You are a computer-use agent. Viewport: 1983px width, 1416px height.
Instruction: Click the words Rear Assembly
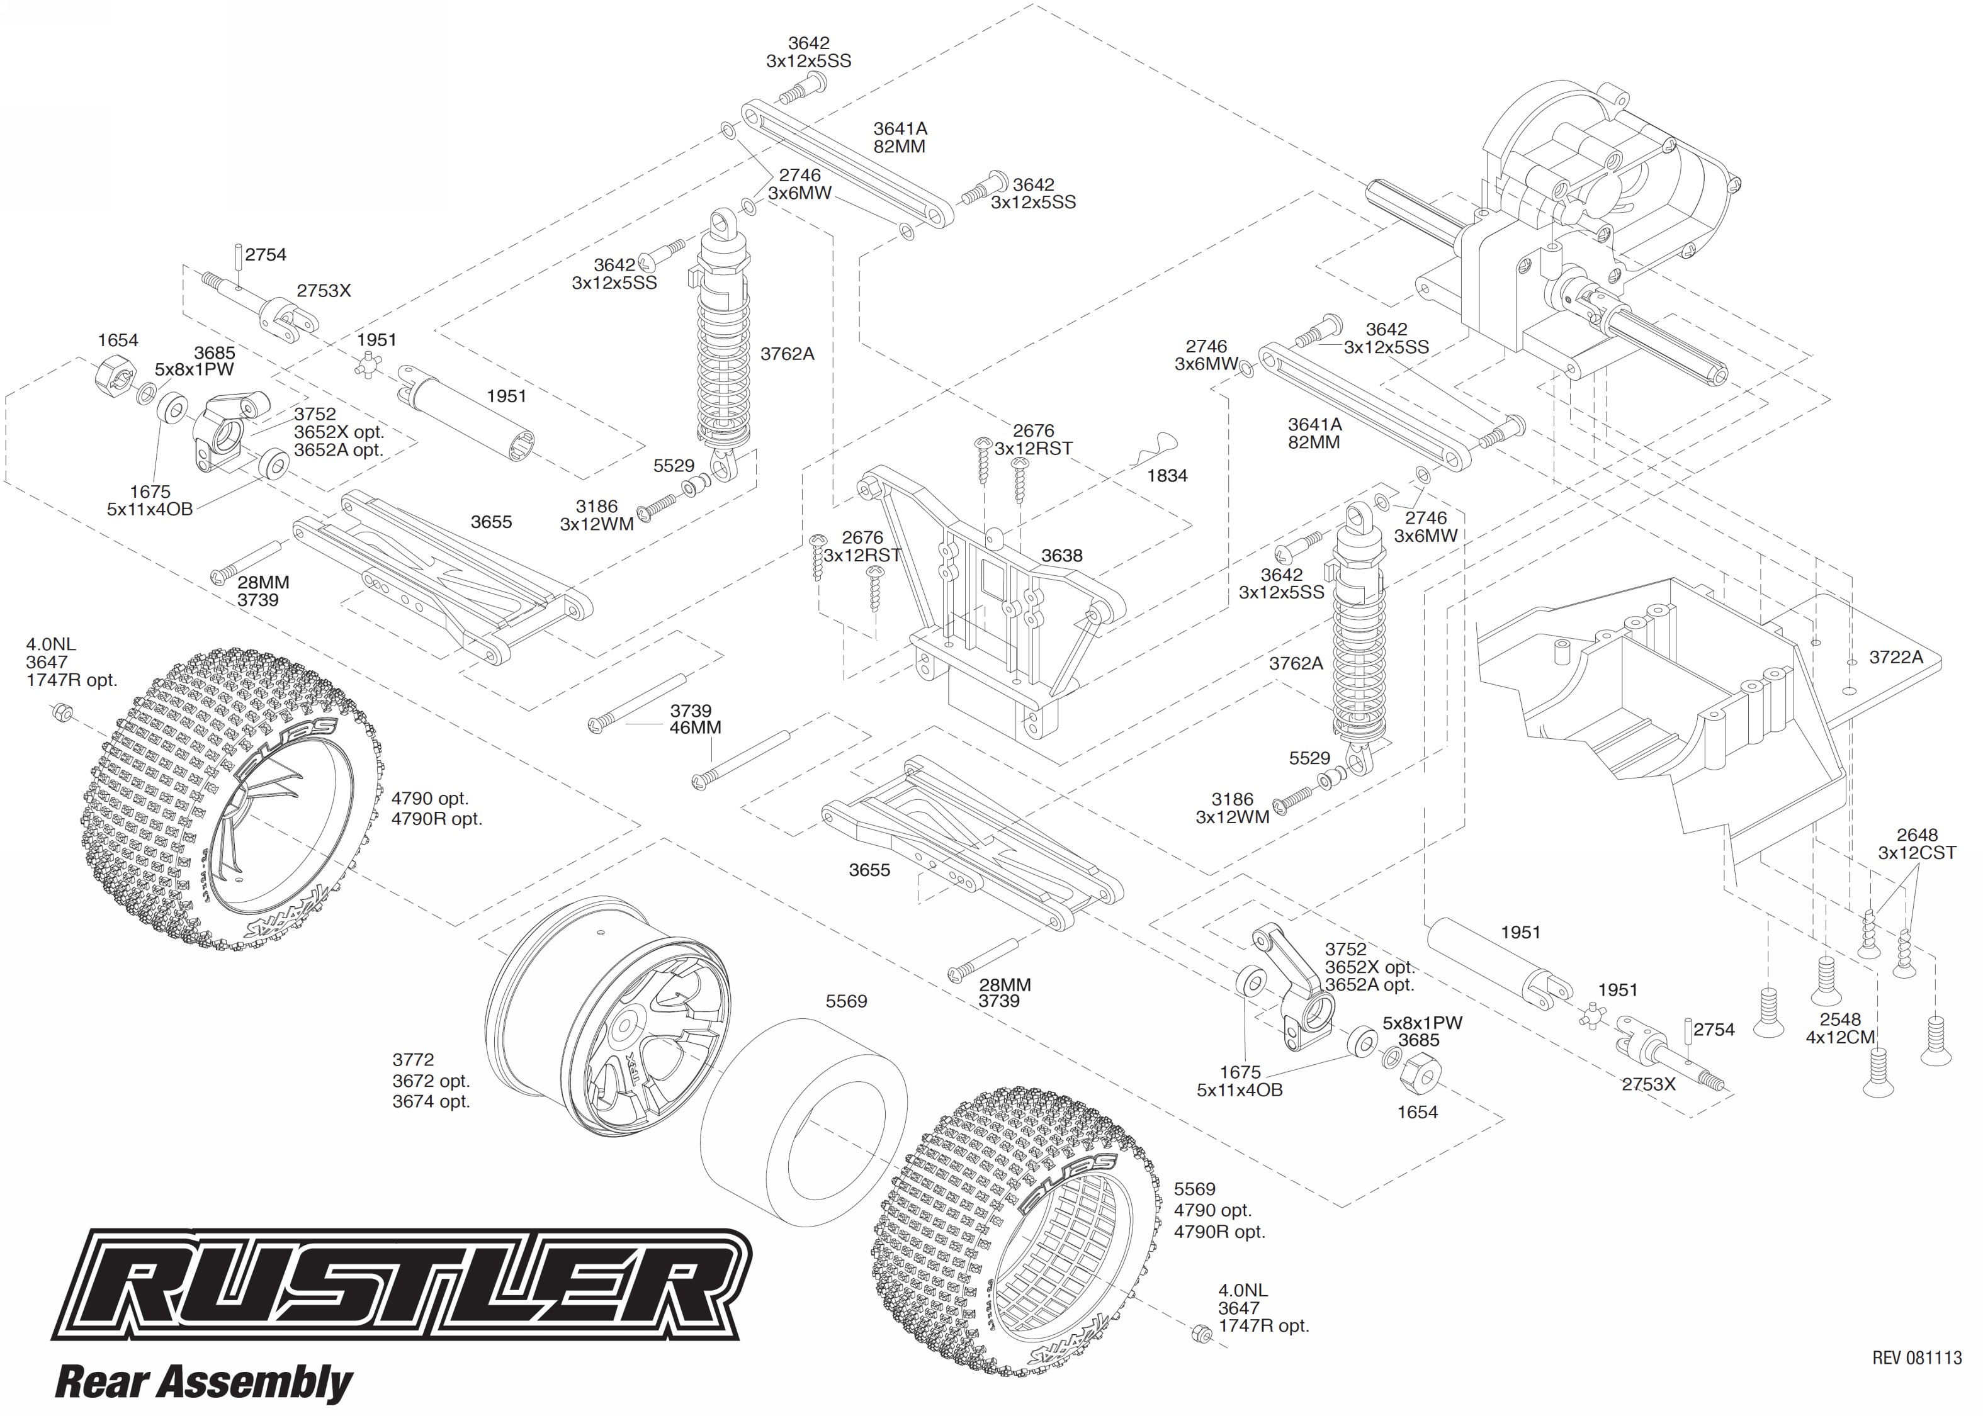pos(203,1383)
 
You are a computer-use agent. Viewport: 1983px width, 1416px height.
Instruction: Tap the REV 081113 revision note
pos(1916,1357)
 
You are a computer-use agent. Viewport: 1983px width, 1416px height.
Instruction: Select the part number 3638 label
pos(1061,556)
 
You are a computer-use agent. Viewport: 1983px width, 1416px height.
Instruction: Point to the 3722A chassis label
pos(1895,658)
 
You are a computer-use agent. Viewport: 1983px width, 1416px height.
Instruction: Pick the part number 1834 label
pos(1167,476)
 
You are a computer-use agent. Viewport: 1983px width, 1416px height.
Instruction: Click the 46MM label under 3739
pos(694,727)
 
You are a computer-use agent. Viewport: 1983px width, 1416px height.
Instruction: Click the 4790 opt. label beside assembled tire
pos(429,799)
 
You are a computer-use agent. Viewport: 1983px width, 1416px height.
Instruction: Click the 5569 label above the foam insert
pos(846,1001)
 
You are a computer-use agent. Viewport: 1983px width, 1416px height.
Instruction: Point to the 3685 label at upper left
pos(215,353)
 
